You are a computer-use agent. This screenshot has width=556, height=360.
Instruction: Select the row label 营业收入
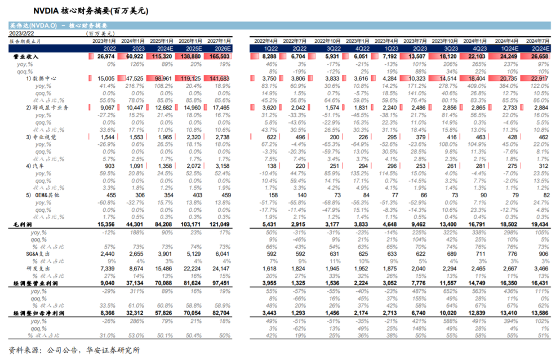[26, 57]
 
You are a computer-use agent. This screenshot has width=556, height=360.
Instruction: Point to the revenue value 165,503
[219, 57]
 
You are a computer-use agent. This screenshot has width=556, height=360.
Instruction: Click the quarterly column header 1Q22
[269, 49]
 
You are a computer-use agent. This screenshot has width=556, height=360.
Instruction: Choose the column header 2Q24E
[539, 49]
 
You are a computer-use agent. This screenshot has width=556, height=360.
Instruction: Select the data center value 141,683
[219, 78]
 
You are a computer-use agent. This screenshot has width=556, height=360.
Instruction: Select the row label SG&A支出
[26, 254]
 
